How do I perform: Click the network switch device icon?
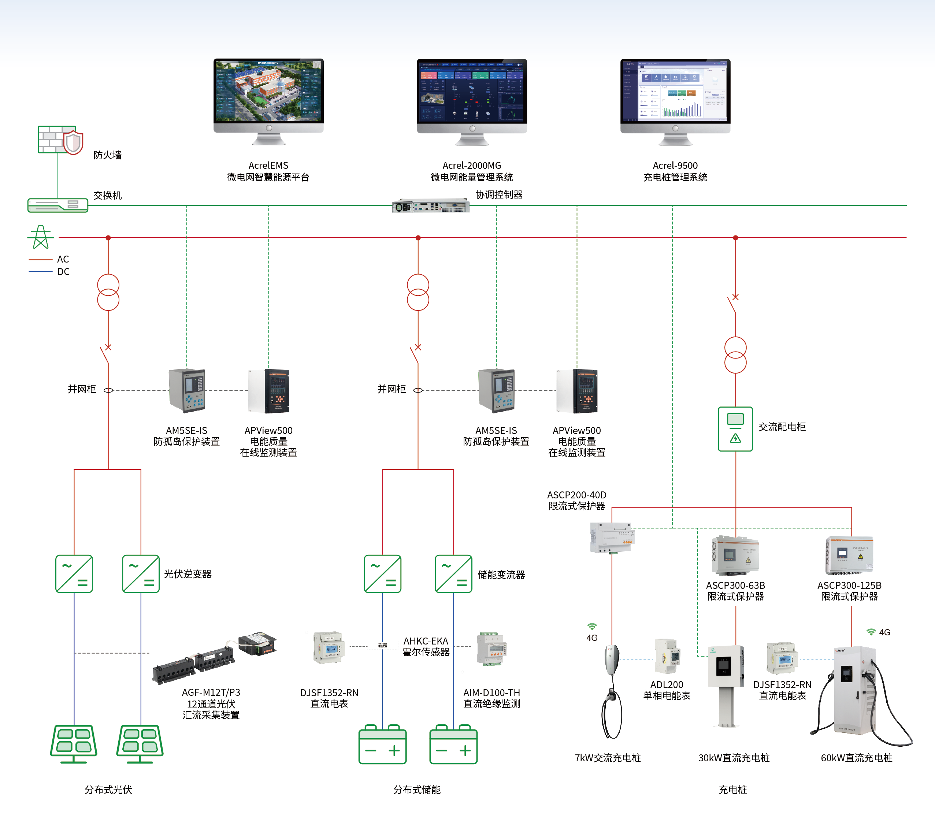tap(57, 205)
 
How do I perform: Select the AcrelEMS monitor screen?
tap(268, 90)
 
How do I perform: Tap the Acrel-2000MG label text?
tap(472, 166)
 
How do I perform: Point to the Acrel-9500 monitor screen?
tap(675, 90)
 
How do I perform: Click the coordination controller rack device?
tap(430, 206)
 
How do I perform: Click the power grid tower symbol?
tap(41, 237)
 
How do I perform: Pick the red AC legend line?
tap(41, 259)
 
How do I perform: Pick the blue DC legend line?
tap(41, 272)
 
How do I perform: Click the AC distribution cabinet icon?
tap(735, 428)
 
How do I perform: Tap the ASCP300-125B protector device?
tap(849, 556)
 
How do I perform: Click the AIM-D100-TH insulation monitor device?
tap(491, 650)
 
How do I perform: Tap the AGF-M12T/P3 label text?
tap(211, 692)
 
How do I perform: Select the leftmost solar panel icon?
tap(74, 743)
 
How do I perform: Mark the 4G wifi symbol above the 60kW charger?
tap(871, 632)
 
